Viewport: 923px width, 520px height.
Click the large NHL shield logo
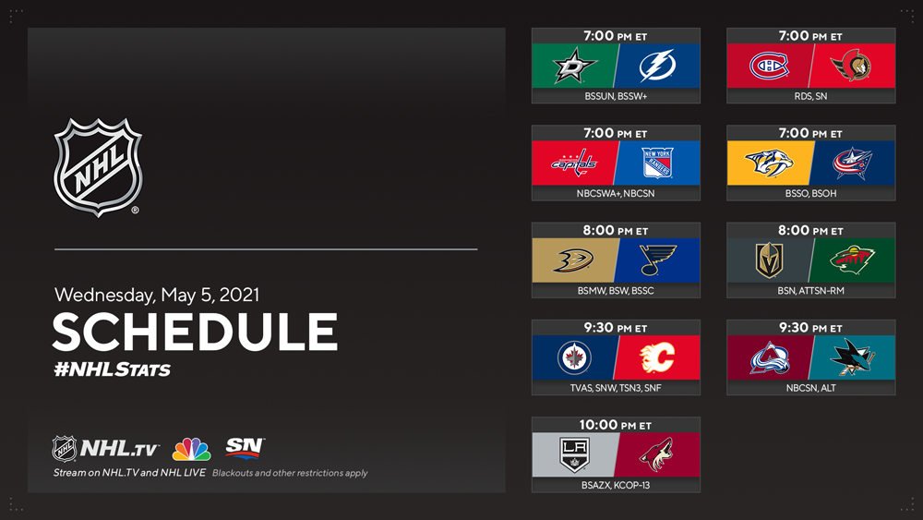[x=98, y=167]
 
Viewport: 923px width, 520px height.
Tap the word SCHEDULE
[x=196, y=332]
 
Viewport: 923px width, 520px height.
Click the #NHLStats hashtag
[x=112, y=369]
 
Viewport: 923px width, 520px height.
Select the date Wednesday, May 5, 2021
[x=157, y=295]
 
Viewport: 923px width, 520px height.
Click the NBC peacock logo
[x=191, y=449]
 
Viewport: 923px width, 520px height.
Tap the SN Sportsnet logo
[x=245, y=447]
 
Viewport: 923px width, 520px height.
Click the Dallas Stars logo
[x=575, y=66]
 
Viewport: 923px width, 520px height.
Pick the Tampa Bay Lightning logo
[x=657, y=66]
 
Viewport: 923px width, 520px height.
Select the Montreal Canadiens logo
[x=769, y=66]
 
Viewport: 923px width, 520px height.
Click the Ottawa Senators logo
[x=851, y=66]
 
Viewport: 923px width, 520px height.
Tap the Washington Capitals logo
[x=574, y=163]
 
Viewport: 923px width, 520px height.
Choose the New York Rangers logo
[x=657, y=163]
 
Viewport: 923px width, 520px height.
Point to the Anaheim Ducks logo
[x=573, y=260]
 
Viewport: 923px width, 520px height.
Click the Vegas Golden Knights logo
[x=770, y=260]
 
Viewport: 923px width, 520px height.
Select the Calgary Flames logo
[x=657, y=357]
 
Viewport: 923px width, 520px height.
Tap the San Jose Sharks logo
[x=852, y=357]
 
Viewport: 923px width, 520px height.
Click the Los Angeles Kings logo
[x=574, y=454]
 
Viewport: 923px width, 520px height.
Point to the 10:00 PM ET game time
[x=615, y=425]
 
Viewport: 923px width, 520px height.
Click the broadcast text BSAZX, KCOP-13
[x=615, y=485]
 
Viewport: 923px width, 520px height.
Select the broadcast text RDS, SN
[x=810, y=96]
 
